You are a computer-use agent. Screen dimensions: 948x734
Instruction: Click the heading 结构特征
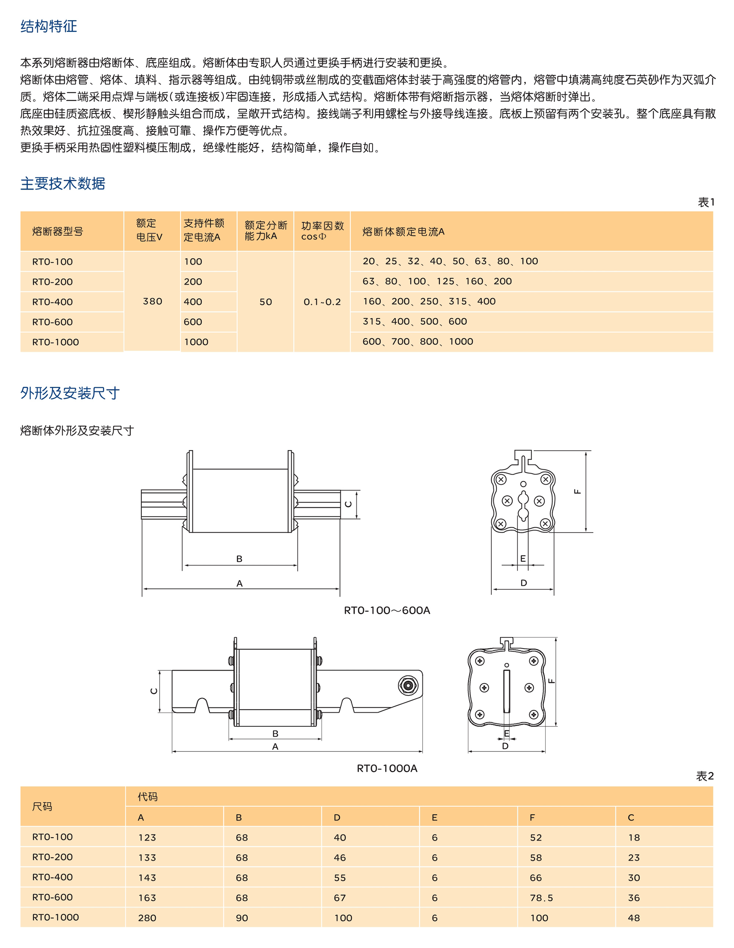tap(49, 26)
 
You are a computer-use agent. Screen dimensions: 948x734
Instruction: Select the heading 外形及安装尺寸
tap(70, 393)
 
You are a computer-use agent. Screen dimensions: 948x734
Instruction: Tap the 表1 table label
tap(706, 202)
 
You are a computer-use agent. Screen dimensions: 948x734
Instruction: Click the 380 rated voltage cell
tap(152, 301)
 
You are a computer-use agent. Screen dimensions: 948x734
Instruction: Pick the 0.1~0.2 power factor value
tap(322, 302)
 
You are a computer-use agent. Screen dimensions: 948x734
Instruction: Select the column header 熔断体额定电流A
tap(403, 232)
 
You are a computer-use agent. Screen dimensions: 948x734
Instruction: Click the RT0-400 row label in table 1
tap(52, 302)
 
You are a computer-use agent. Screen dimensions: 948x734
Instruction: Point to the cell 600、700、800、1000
tap(418, 341)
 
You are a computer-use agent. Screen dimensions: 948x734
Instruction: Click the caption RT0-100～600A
tap(386, 610)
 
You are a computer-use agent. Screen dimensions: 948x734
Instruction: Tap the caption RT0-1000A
tap(386, 768)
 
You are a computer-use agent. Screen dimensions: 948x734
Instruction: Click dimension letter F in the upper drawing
tap(577, 491)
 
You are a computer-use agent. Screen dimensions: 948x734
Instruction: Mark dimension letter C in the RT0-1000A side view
tap(154, 691)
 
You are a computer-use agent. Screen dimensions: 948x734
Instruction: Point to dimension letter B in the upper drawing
tap(239, 559)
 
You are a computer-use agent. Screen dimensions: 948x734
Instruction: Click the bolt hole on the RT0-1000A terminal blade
tap(408, 685)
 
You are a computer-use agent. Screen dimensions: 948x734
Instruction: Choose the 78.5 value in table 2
tap(541, 898)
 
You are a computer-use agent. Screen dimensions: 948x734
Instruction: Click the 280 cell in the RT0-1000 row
tap(147, 918)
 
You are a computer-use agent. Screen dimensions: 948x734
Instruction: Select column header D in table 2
tap(337, 817)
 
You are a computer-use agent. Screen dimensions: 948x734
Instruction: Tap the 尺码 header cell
tap(42, 806)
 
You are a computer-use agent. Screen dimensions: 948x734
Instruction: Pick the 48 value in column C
tap(634, 918)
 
